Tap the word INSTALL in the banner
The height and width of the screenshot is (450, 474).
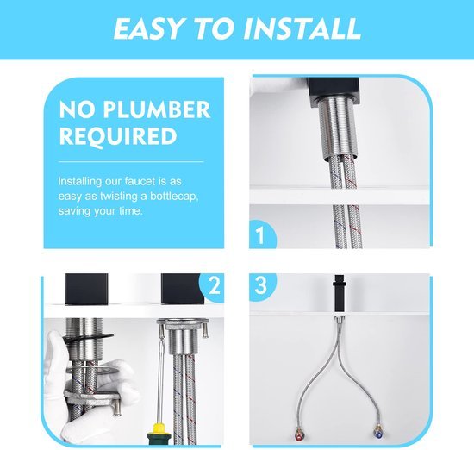(x=302, y=28)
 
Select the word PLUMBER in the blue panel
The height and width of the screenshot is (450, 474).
(x=156, y=109)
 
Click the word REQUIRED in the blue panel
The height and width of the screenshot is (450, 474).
(x=118, y=136)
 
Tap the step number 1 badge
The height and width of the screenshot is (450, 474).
(x=262, y=234)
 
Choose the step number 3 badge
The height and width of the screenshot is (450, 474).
(x=261, y=285)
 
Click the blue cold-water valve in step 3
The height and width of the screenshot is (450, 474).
(x=377, y=434)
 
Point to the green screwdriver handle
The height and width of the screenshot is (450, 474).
(x=159, y=440)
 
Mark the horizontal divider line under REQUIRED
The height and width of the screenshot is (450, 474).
(x=131, y=162)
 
